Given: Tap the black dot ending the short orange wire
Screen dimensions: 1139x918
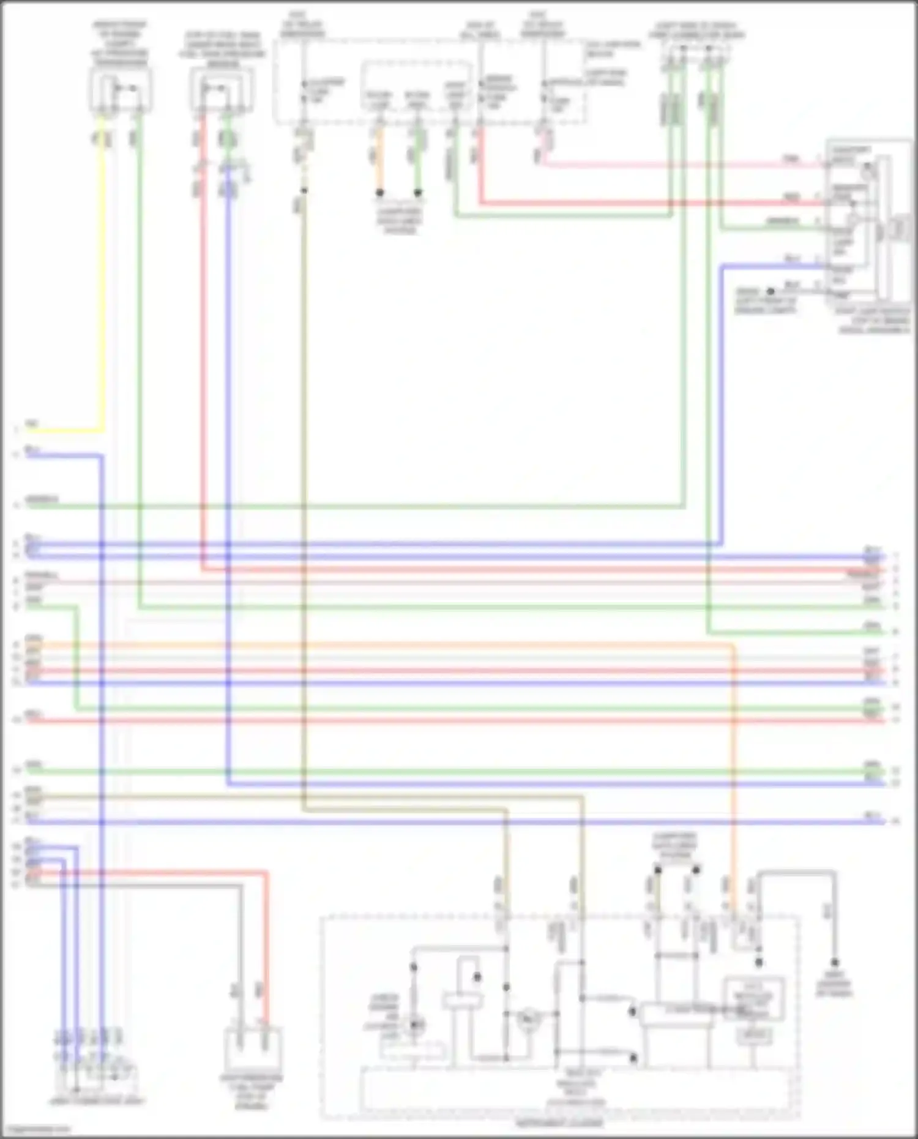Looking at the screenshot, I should (379, 193).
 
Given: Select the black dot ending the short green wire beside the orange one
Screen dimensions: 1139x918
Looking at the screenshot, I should (418, 193).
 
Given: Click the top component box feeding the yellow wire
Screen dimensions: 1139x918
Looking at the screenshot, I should (121, 90).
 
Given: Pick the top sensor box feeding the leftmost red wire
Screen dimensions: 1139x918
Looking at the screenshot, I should (222, 90).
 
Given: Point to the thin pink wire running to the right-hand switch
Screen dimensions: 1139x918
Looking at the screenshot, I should (673, 164).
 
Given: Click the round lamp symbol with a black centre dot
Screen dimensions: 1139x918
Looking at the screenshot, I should (414, 1025).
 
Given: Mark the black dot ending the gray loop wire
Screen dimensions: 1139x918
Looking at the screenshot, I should (834, 963).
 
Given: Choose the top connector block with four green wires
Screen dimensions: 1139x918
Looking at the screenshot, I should (695, 58).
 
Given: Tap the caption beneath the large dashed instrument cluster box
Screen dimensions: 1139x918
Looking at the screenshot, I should (559, 1124).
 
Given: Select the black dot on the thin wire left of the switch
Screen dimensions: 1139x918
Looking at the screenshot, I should (771, 291).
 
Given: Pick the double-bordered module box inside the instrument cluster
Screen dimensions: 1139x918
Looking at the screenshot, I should (754, 998).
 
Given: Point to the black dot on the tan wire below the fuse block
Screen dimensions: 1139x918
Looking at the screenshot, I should (304, 190).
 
